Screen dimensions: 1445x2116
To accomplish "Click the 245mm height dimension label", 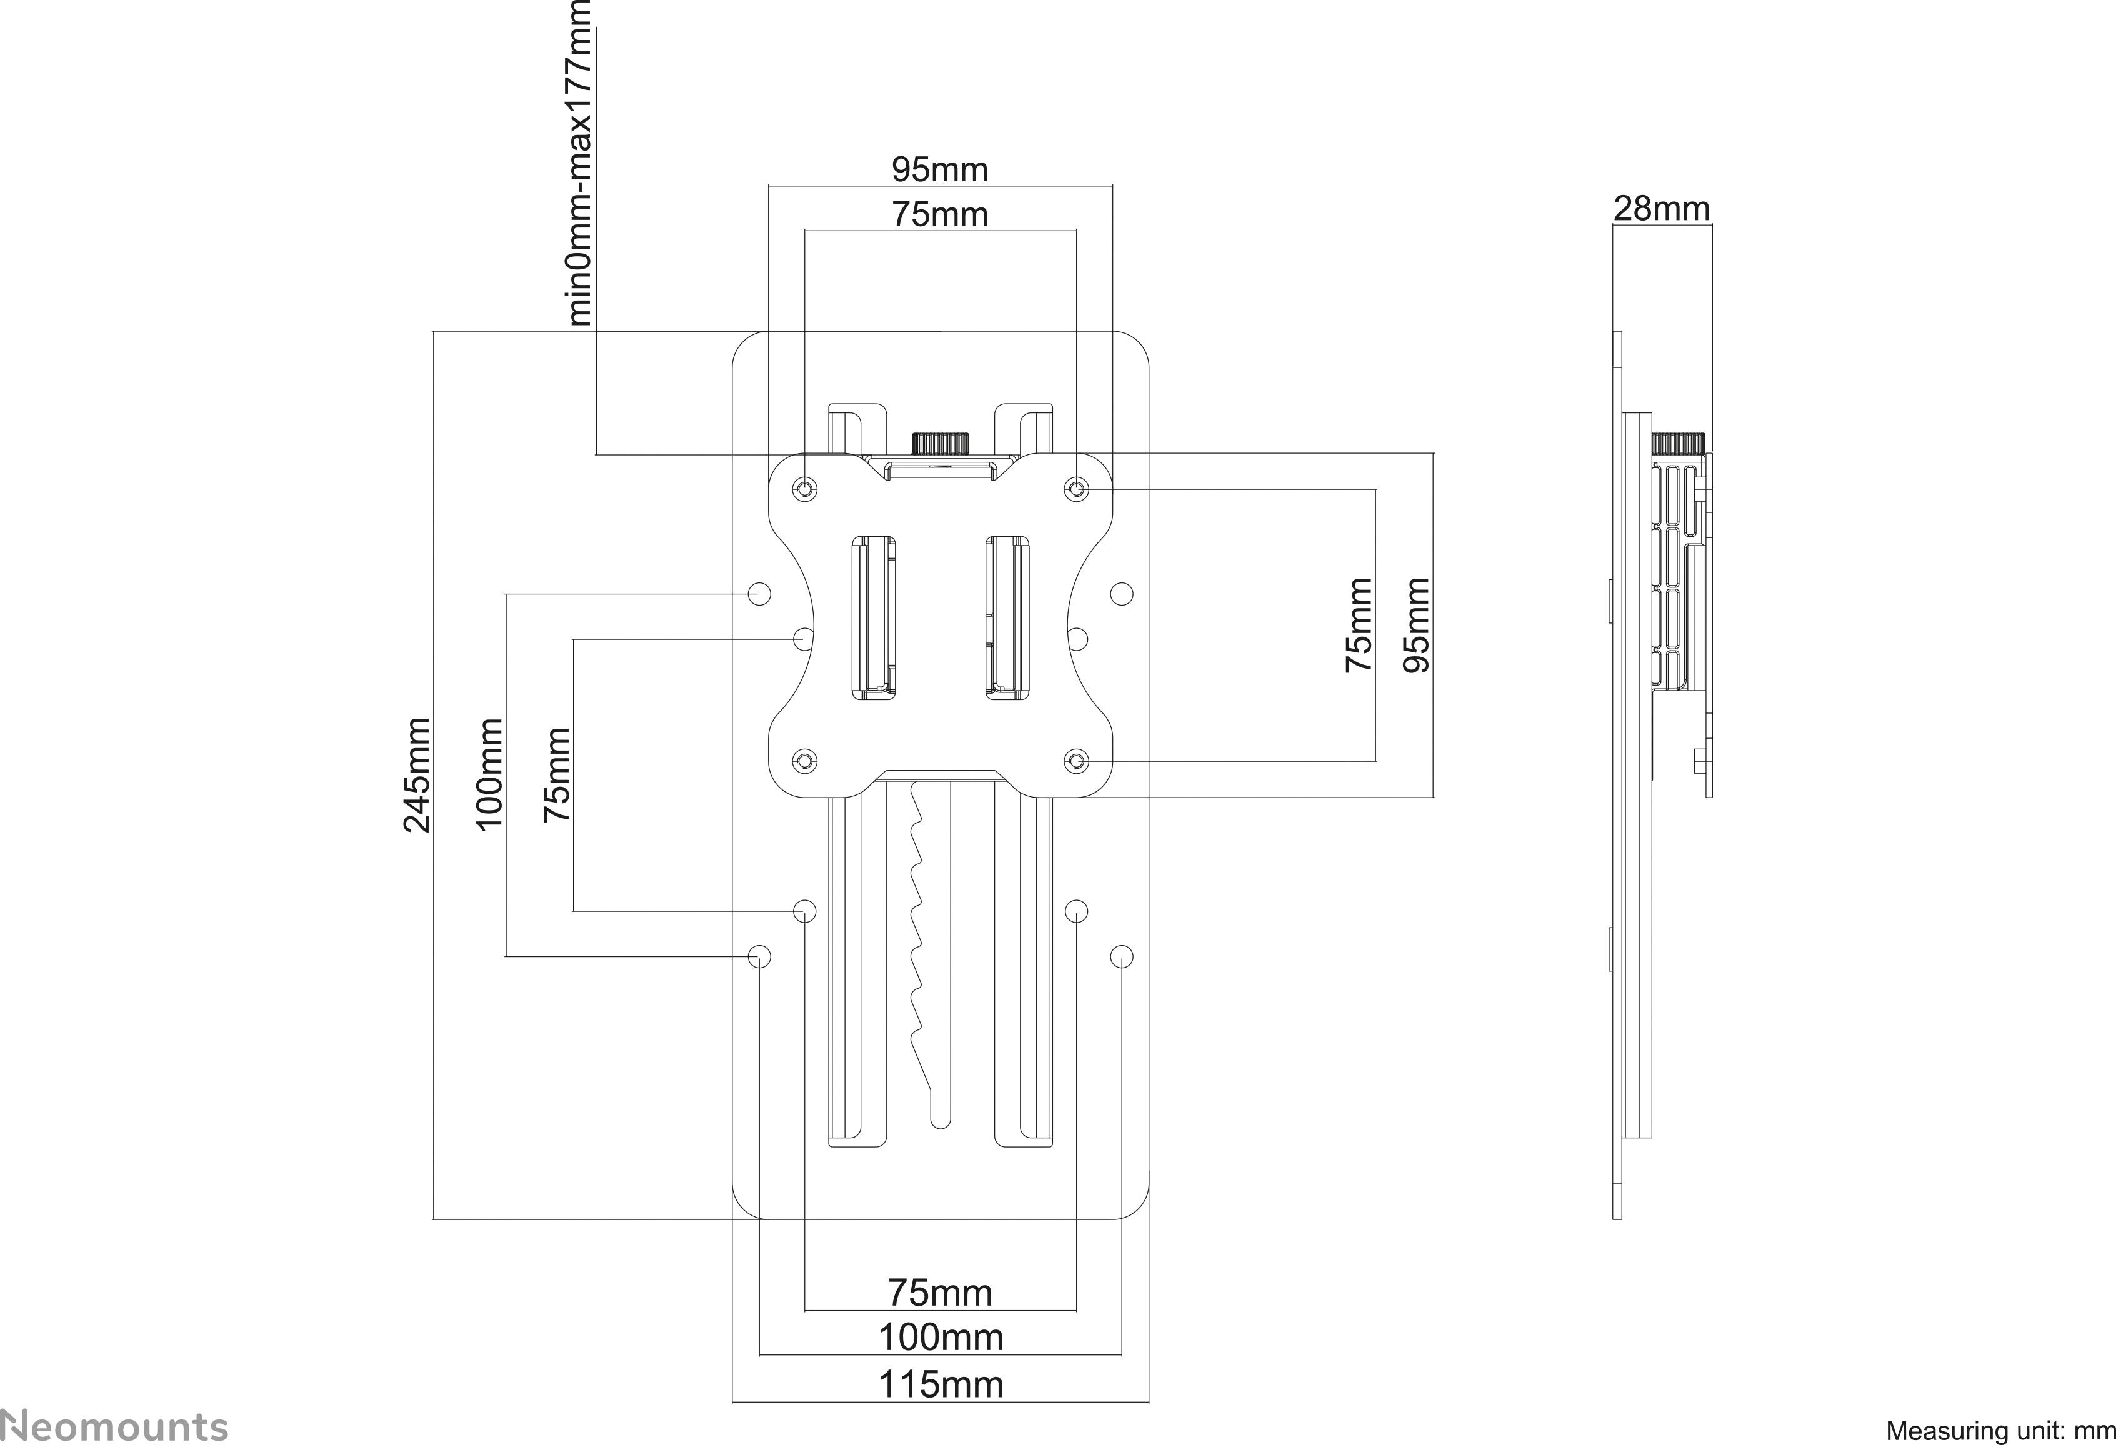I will coord(416,775).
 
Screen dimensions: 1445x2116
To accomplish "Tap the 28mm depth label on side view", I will coord(1662,209).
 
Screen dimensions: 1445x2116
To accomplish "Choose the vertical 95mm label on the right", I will coord(1416,624).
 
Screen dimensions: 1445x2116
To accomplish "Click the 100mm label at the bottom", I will coord(941,1337).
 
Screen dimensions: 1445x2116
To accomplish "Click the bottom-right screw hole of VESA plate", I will coord(1076,760).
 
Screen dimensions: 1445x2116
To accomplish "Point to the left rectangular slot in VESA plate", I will coord(873,617).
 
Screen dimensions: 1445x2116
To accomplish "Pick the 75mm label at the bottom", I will coord(941,1292).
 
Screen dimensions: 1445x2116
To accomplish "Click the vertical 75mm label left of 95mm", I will coord(1357,624).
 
